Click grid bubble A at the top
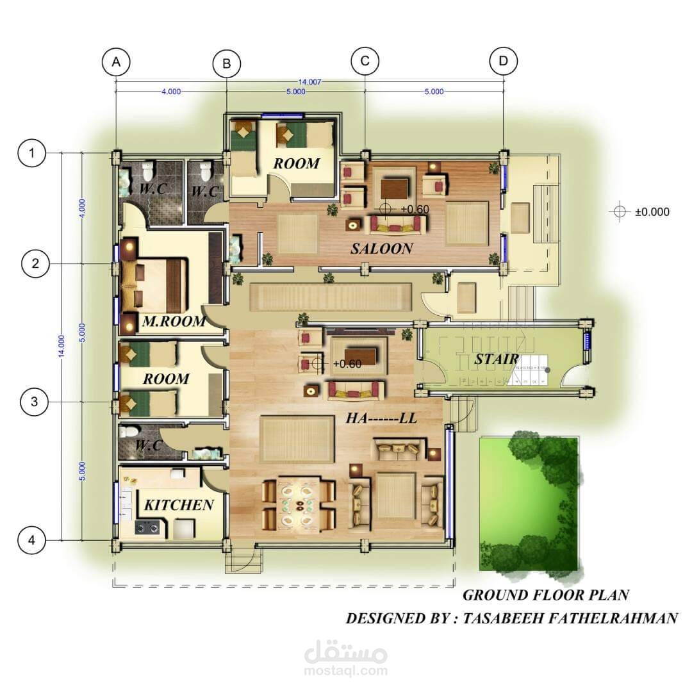pos(116,62)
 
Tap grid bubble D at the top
pos(503,62)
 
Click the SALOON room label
pos(381,249)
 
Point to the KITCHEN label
pos(179,505)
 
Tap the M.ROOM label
pos(174,322)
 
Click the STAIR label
pos(496,359)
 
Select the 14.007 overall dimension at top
pos(309,82)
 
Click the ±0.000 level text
pos(652,212)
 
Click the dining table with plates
pos(299,505)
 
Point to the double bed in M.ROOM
pos(157,284)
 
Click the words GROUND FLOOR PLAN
pos(545,595)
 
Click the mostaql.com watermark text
pos(347,671)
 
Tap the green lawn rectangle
pos(529,503)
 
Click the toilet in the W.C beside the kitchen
pos(128,432)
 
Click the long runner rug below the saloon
pos(331,299)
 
